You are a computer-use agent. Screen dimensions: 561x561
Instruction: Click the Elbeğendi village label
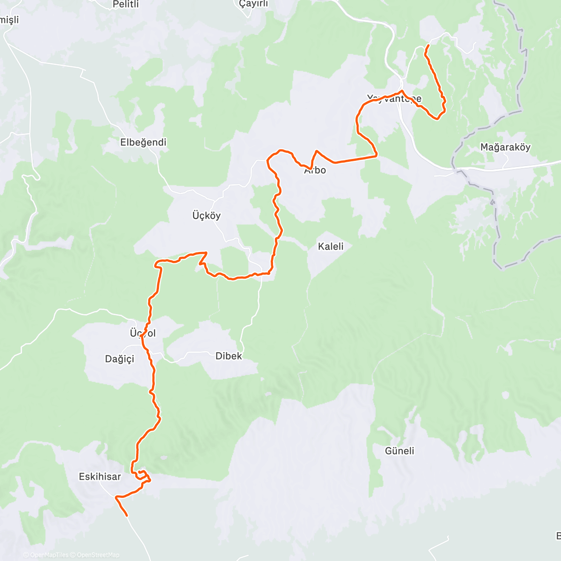pos(143,142)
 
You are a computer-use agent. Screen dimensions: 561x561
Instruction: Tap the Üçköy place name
pos(206,216)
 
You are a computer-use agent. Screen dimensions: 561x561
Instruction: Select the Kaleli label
pos(331,246)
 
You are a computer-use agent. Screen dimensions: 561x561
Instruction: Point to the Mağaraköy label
pos(505,147)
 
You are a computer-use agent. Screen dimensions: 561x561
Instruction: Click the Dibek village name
pos(229,356)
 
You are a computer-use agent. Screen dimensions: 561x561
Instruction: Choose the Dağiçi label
pos(119,359)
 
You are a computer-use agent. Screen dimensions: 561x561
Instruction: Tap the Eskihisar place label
pos(100,476)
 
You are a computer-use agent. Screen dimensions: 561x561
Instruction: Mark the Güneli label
pos(399,451)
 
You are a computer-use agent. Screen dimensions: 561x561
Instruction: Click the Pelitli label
pos(126,5)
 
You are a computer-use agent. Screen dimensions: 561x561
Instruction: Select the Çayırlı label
pos(253,4)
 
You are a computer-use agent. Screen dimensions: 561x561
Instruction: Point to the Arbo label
pos(315,170)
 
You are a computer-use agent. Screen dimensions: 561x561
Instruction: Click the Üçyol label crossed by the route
pos(143,333)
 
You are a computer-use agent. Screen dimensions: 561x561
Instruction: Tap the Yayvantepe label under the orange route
pos(394,99)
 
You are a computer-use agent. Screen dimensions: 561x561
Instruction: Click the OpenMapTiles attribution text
pos(49,555)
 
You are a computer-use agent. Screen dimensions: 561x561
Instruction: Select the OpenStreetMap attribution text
pos(98,555)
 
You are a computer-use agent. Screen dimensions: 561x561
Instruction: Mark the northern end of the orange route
pos(429,45)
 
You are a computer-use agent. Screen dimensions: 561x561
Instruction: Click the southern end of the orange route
pos(127,515)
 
